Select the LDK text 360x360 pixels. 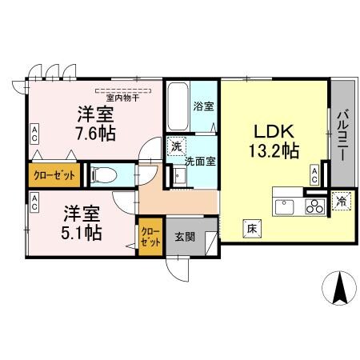click(275, 130)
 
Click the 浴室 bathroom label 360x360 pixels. click(202, 105)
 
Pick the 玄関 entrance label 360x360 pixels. click(185, 237)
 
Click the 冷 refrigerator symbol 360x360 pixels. click(342, 202)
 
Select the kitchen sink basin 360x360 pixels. click(285, 207)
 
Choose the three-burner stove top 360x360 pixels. click(312, 206)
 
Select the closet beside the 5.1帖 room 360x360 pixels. click(149, 237)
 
